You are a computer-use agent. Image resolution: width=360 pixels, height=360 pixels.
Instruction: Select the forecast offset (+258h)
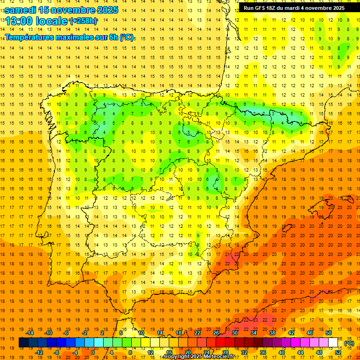(x=83, y=21)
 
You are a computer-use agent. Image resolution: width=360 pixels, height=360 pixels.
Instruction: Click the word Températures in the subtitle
(x=30, y=37)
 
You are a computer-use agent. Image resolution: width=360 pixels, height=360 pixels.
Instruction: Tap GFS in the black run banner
(x=263, y=8)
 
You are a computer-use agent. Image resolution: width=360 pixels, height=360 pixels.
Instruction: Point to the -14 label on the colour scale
(x=30, y=333)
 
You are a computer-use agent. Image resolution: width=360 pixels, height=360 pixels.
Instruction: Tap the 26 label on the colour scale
(x=216, y=333)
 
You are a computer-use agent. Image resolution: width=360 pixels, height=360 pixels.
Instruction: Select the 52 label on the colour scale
(x=338, y=352)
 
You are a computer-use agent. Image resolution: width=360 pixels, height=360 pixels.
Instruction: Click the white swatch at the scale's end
(x=333, y=343)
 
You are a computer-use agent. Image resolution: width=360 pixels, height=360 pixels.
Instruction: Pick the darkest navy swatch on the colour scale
(x=23, y=343)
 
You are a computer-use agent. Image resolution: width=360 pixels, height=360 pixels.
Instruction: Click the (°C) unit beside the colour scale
(x=349, y=343)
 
